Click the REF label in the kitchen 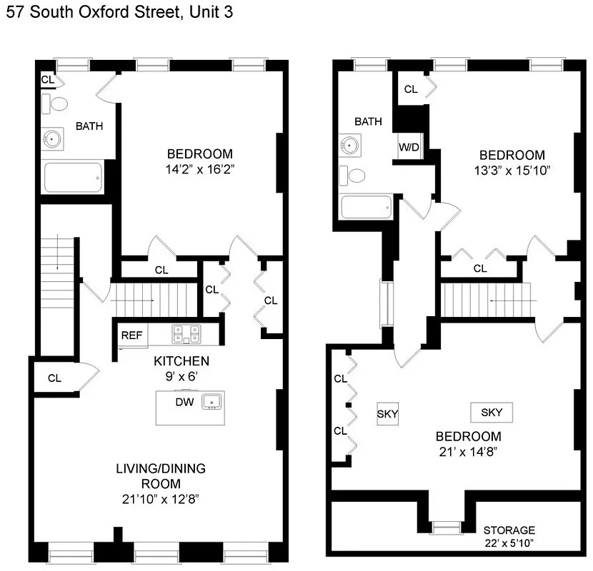[x=130, y=335]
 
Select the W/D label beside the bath [x=409, y=148]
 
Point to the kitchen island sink [x=211, y=403]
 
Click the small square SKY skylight [x=387, y=414]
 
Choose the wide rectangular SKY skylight [x=491, y=412]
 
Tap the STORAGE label [x=509, y=530]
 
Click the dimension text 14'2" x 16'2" [x=200, y=170]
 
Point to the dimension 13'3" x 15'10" [x=512, y=171]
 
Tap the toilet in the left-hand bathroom [x=56, y=104]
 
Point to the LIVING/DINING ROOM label [x=161, y=476]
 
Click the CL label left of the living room [x=55, y=378]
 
